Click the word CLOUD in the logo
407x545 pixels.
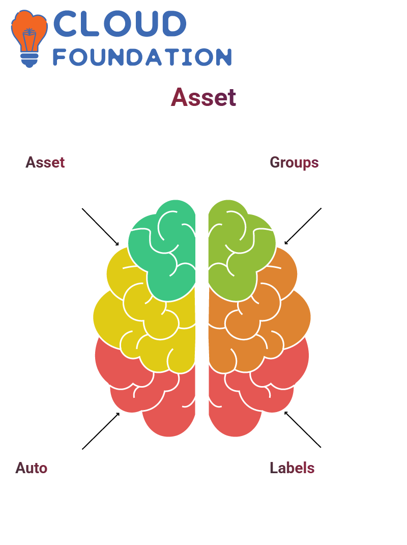pyautogui.click(x=120, y=23)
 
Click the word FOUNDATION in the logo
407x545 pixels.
pyautogui.click(x=142, y=57)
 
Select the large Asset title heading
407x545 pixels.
pyautogui.click(x=203, y=97)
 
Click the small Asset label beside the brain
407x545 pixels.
pyautogui.click(x=45, y=162)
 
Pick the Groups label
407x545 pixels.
pyautogui.click(x=294, y=162)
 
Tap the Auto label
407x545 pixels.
pyautogui.click(x=31, y=468)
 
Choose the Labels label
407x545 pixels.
pyautogui.click(x=292, y=468)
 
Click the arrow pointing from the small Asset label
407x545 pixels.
pyautogui.click(x=100, y=227)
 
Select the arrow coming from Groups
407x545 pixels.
pyautogui.click(x=303, y=226)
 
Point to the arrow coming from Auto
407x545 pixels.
pyautogui.click(x=101, y=431)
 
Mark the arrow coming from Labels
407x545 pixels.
pyautogui.click(x=303, y=429)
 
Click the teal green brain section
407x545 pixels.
pyautogui.click(x=163, y=250)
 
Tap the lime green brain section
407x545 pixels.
pyautogui.click(x=240, y=250)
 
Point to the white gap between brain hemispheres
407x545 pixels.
pyautogui.click(x=202, y=313)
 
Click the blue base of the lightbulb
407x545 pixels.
pyautogui.click(x=30, y=60)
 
